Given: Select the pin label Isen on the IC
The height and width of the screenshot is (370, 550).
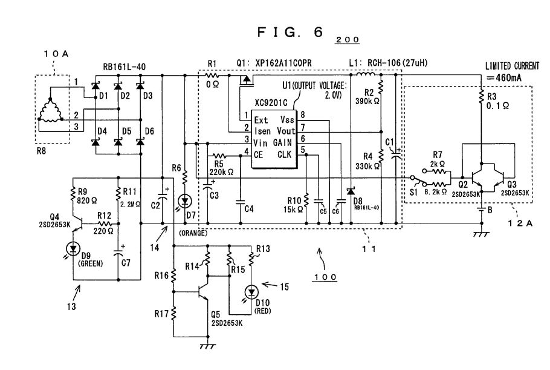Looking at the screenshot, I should tap(262, 130).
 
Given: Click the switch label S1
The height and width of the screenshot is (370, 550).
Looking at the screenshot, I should tap(414, 192).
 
